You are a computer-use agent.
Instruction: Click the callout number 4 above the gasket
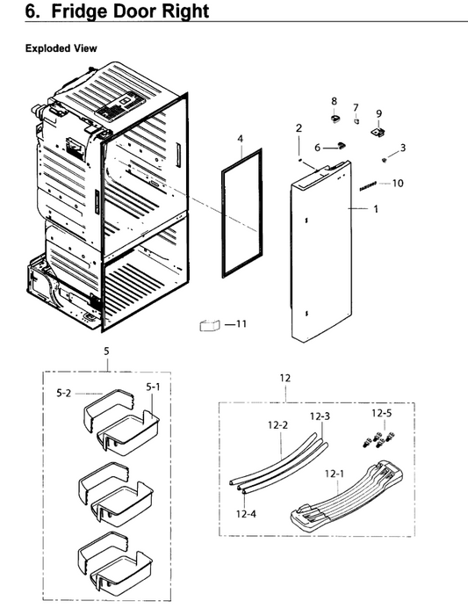point(241,139)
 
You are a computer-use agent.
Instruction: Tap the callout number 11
point(241,323)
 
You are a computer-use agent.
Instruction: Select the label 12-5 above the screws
point(382,413)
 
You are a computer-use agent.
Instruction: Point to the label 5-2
point(64,394)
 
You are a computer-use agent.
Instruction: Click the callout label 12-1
point(335,474)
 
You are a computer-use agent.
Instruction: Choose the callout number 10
point(398,183)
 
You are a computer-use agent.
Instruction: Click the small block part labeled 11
point(210,325)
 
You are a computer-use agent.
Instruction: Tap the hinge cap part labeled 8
point(335,118)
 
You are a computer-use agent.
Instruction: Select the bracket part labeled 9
point(378,132)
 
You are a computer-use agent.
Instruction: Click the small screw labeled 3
point(385,160)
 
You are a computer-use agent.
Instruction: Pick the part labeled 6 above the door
point(342,145)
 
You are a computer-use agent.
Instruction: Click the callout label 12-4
point(246,514)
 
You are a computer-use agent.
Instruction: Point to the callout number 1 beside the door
point(376,209)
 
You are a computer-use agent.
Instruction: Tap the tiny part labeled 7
point(356,122)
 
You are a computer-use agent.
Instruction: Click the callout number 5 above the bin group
point(106,351)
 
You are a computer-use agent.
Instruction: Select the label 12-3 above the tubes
point(320,416)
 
